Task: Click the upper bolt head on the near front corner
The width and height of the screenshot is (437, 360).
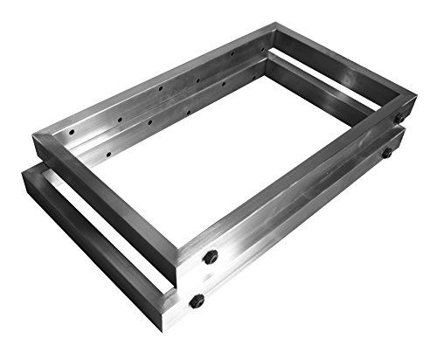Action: (x=210, y=258)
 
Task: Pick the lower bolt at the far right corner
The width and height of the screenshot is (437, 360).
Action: (x=385, y=153)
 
